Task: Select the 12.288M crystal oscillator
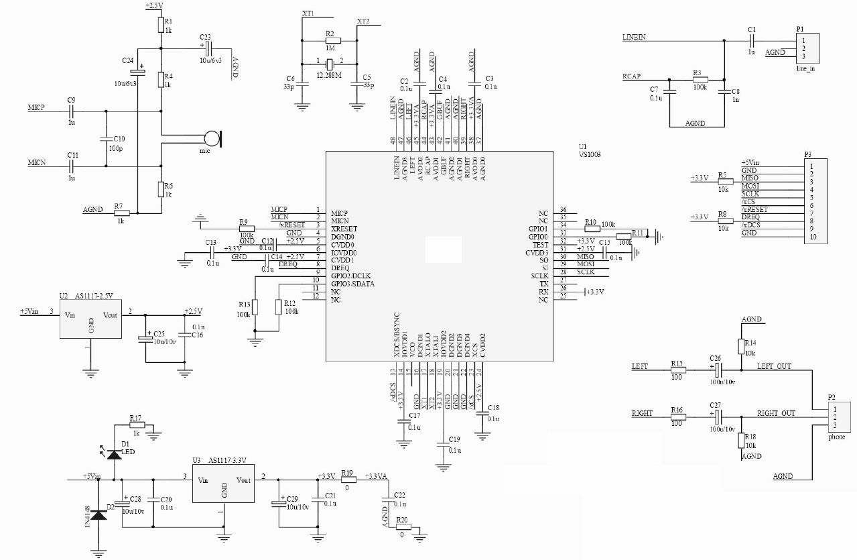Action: pos(329,64)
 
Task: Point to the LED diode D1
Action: pos(114,454)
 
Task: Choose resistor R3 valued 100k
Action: pos(698,80)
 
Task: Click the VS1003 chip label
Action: pos(590,154)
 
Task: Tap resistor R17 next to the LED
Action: pos(137,425)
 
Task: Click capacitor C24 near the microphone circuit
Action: pos(137,71)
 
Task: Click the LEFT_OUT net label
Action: pos(774,366)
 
